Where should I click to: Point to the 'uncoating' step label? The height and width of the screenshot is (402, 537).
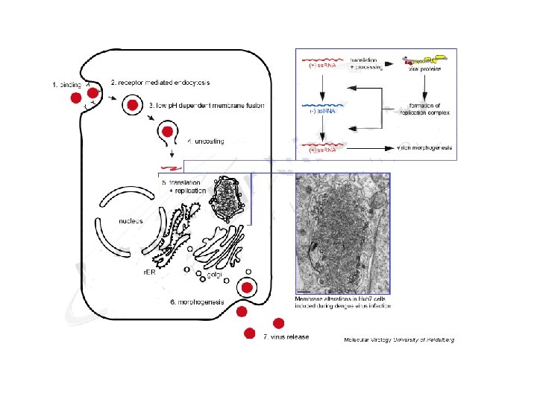[206, 140]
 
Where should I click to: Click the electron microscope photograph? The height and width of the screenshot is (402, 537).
[342, 233]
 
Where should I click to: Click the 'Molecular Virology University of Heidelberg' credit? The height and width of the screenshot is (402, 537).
[398, 339]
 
